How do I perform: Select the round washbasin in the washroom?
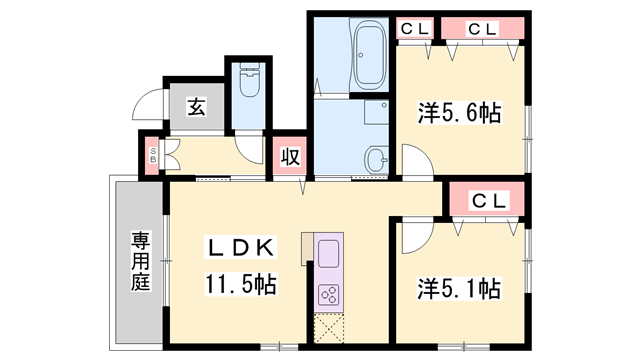click(376, 158)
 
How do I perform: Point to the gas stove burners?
click(329, 293)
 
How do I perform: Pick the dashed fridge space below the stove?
click(329, 329)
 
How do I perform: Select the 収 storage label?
click(290, 156)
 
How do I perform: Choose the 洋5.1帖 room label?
click(459, 289)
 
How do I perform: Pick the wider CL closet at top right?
click(483, 30)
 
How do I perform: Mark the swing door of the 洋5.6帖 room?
click(415, 163)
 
